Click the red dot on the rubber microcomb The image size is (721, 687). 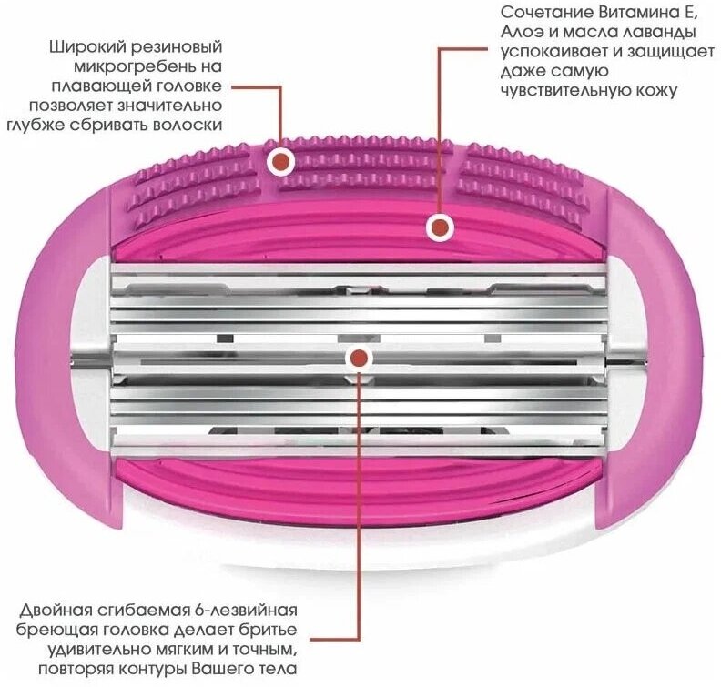click(x=283, y=162)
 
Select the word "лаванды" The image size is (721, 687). click(x=652, y=34)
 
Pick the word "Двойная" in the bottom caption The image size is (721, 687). click(x=57, y=611)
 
